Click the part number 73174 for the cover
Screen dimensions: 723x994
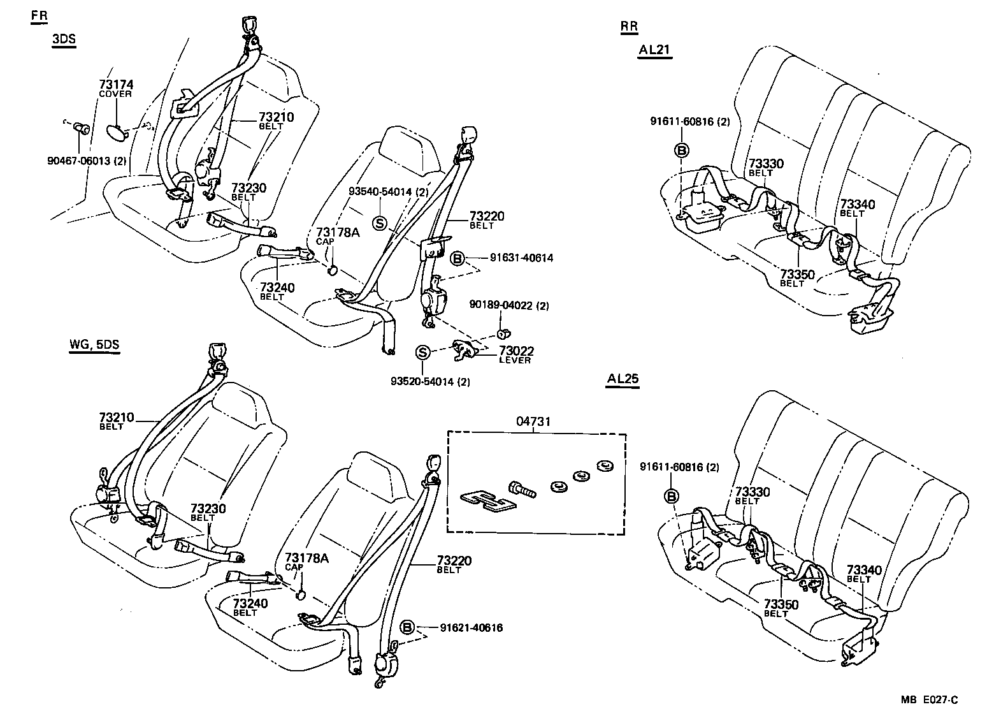[x=116, y=85]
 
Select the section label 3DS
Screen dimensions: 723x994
[x=64, y=39]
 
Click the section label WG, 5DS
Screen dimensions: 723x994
[x=94, y=346]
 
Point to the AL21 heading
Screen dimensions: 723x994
[x=654, y=50]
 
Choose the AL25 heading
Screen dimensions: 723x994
[x=623, y=378]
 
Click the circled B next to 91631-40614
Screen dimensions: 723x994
[x=457, y=258]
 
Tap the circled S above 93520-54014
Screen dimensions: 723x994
[x=422, y=352]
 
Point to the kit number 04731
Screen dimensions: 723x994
[x=533, y=421]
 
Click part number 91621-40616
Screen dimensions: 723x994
[x=471, y=628]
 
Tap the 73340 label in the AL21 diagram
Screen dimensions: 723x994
[x=857, y=205]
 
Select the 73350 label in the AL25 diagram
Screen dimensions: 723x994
[x=781, y=604]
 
